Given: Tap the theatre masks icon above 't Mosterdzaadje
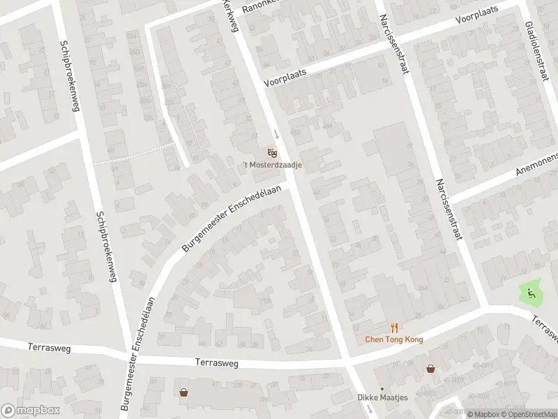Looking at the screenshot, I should point(272,152).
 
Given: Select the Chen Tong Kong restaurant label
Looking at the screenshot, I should point(394,339).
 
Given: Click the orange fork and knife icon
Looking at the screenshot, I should point(394,328).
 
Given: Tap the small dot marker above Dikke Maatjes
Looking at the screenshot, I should point(382,389).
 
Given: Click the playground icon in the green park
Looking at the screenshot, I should point(531,294).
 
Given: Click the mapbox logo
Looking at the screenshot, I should point(28,411).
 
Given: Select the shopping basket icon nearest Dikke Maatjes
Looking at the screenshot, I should point(431,368).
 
